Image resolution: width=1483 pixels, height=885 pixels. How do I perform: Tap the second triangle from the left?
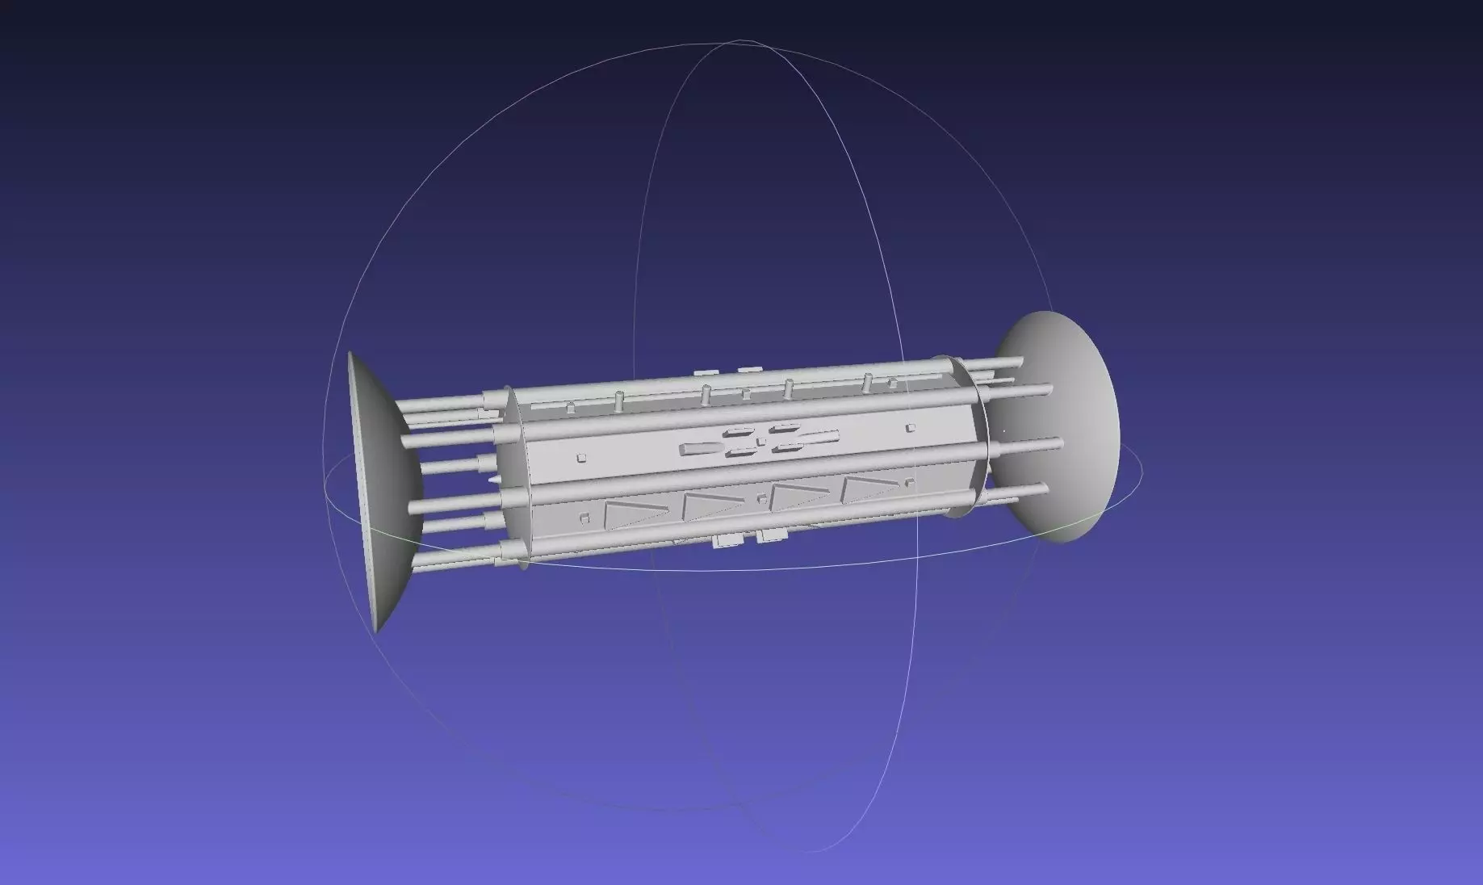click(x=710, y=504)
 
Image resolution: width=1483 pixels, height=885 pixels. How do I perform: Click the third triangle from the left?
click(x=795, y=494)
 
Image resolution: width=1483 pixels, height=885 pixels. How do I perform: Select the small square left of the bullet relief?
click(x=581, y=459)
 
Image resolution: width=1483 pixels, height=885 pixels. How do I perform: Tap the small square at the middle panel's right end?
click(x=910, y=427)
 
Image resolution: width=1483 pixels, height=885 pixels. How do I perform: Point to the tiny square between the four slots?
click(x=761, y=442)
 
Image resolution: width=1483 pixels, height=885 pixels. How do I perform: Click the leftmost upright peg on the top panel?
click(x=570, y=407)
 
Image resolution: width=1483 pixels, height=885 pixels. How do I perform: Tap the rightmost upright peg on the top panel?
click(x=868, y=380)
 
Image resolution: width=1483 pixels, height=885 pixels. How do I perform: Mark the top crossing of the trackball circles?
click(x=739, y=40)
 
